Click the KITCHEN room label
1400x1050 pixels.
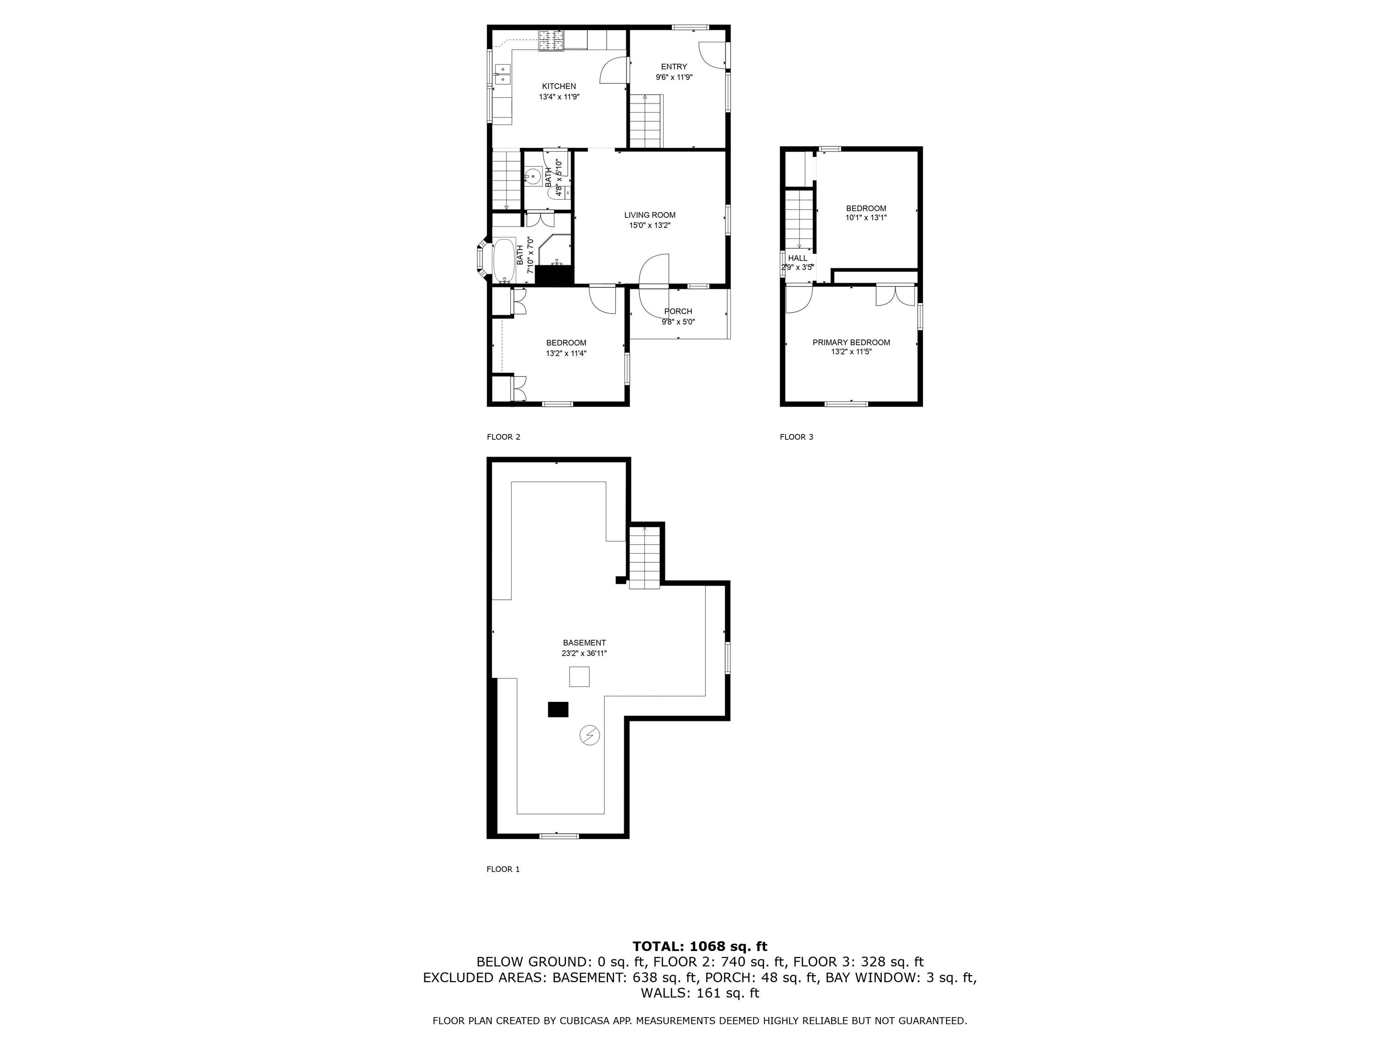coord(559,86)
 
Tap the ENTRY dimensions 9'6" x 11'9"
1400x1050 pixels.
coord(674,77)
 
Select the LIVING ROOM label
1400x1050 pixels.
coord(649,215)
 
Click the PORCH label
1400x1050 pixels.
coord(678,311)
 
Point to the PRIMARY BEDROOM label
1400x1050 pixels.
coord(851,342)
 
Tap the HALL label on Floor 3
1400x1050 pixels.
coord(798,258)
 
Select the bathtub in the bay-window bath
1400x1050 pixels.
coord(504,260)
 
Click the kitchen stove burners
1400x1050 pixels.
coord(551,41)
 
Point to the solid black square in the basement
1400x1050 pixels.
coord(558,710)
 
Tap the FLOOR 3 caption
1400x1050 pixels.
coord(796,437)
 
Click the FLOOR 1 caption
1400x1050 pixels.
coord(503,869)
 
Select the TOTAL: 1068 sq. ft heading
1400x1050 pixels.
coord(700,946)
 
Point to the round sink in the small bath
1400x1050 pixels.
coord(533,176)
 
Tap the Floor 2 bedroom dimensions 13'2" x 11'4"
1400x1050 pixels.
coord(566,353)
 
